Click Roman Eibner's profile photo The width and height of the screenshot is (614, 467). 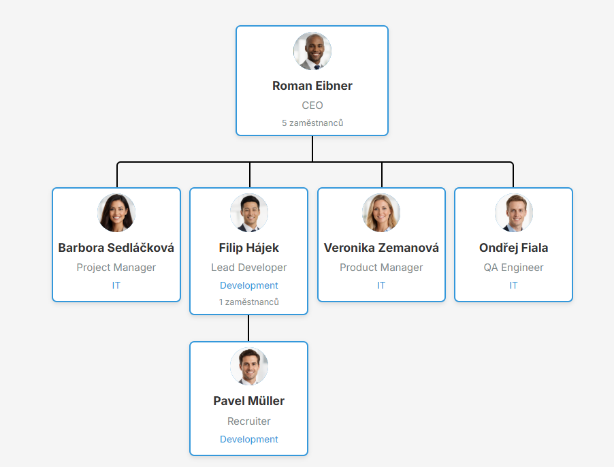point(312,51)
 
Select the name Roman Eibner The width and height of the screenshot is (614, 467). point(312,86)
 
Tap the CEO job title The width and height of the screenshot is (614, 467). point(312,106)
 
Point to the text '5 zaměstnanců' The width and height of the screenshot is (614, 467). point(312,123)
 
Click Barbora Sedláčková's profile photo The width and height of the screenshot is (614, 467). point(116,213)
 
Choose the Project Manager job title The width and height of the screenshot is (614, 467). point(116,268)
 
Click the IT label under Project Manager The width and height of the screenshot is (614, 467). point(116,285)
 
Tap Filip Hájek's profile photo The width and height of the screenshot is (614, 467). point(249,213)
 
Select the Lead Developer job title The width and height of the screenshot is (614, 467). point(249,268)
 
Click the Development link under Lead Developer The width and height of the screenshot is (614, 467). point(249,285)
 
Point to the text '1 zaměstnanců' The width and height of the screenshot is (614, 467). point(249,302)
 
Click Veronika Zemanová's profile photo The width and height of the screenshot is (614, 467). point(381,213)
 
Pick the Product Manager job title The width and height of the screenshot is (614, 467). point(381,268)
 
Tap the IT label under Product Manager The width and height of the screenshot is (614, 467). point(381,285)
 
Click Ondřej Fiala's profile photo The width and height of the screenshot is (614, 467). point(513,213)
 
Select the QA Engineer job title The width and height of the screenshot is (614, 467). point(513,268)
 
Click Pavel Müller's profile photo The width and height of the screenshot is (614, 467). point(249,367)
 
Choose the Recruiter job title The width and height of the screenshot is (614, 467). point(249,421)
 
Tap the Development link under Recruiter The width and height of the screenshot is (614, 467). point(249,439)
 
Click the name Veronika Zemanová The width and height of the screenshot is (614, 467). point(381,248)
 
